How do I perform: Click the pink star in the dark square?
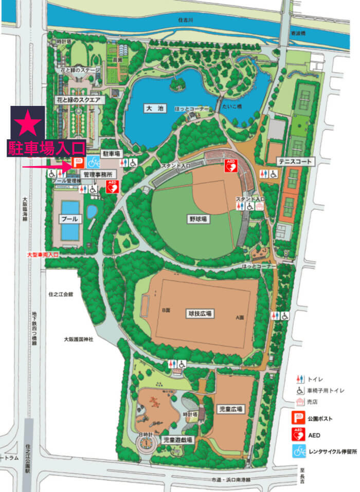point(28,124)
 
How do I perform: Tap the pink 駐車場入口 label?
point(46,149)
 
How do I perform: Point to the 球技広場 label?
point(200,313)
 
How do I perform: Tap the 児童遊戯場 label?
point(177,440)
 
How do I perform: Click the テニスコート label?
point(295,161)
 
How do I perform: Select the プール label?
point(69,218)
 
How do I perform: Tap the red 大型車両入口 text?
point(43,254)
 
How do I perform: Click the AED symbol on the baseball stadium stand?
point(231,166)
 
